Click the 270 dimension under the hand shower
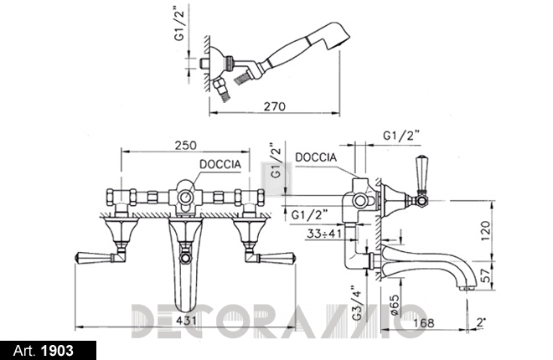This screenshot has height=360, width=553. click(x=274, y=106)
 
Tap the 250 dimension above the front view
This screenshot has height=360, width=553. click(x=185, y=145)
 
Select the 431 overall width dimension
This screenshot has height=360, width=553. click(x=186, y=321)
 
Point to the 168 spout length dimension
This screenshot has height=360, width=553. click(x=424, y=322)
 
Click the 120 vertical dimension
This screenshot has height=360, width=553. click(x=486, y=231)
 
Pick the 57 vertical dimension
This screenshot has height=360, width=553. click(x=486, y=275)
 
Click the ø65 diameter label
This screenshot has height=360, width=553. click(x=395, y=305)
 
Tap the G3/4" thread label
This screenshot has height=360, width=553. click(x=358, y=302)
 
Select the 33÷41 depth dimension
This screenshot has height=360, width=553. click(x=324, y=234)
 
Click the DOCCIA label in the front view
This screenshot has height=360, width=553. click(x=220, y=164)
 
